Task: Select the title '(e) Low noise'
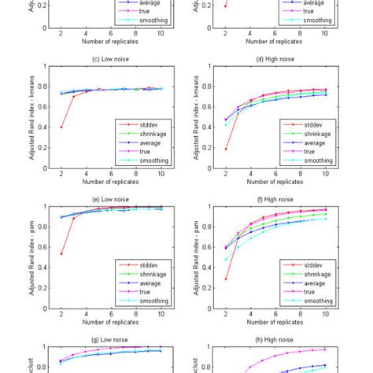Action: click(111, 201)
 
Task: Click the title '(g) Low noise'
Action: click(111, 341)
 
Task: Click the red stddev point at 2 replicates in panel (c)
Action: click(61, 127)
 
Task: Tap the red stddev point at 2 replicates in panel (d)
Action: click(226, 149)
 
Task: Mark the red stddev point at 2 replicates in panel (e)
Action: click(61, 253)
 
